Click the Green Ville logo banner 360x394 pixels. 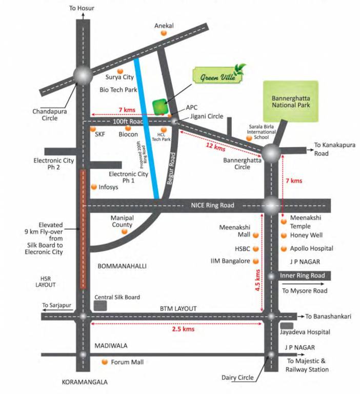[217, 76]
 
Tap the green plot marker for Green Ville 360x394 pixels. [161, 106]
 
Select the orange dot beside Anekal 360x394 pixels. [164, 33]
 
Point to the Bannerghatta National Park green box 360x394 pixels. [290, 102]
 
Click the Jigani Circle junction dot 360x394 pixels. [174, 121]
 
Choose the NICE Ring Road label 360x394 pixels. [208, 205]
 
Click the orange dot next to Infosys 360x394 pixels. [94, 187]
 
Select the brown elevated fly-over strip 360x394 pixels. [83, 229]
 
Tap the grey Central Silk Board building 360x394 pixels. [101, 305]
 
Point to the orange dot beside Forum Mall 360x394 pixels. [105, 362]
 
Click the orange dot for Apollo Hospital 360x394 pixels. [283, 249]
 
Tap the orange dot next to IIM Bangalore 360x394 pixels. [256, 261]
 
